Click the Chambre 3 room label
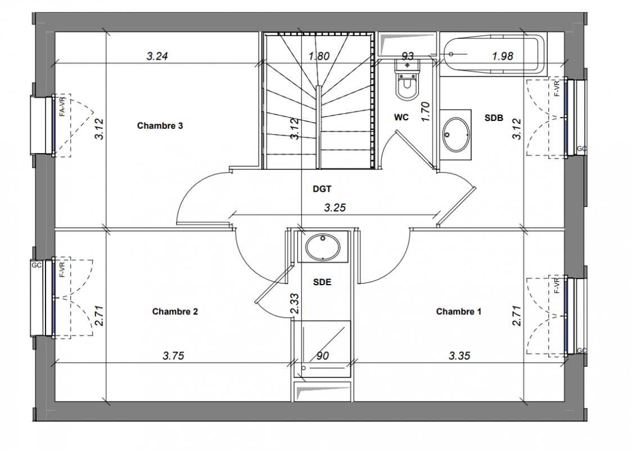[x=160, y=126]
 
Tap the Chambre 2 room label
[x=175, y=312]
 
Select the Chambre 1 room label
[x=459, y=312]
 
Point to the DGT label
[x=322, y=188]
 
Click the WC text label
[x=401, y=118]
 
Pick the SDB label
[x=494, y=118]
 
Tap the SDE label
[x=322, y=282]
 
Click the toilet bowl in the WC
[x=408, y=85]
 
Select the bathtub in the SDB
[x=492, y=55]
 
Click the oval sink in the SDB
[x=456, y=134]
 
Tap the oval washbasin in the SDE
[x=322, y=247]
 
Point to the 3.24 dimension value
[x=157, y=56]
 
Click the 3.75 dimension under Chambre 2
[x=173, y=355]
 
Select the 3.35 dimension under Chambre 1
[x=459, y=355]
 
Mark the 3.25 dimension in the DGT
[x=335, y=208]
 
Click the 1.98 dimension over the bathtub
[x=503, y=56]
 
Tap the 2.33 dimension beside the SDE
[x=295, y=304]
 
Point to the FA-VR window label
[x=62, y=106]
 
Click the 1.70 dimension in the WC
[x=425, y=112]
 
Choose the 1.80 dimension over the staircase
[x=319, y=56]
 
